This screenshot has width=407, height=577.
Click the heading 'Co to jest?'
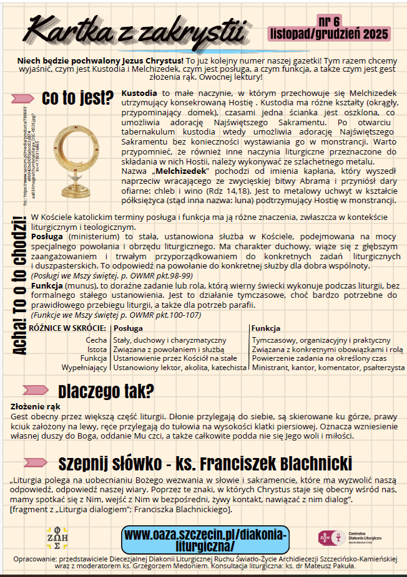77,98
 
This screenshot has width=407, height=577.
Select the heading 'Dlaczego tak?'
106,391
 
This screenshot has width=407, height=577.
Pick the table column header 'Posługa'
128,328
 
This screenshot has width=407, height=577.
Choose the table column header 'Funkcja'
265,328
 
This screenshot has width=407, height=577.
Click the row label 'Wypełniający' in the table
84,368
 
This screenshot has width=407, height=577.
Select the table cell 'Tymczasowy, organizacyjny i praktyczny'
321,340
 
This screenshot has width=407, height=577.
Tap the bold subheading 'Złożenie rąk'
36,406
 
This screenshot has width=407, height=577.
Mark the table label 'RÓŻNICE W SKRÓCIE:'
68,328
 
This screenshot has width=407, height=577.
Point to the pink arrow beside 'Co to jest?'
23,98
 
